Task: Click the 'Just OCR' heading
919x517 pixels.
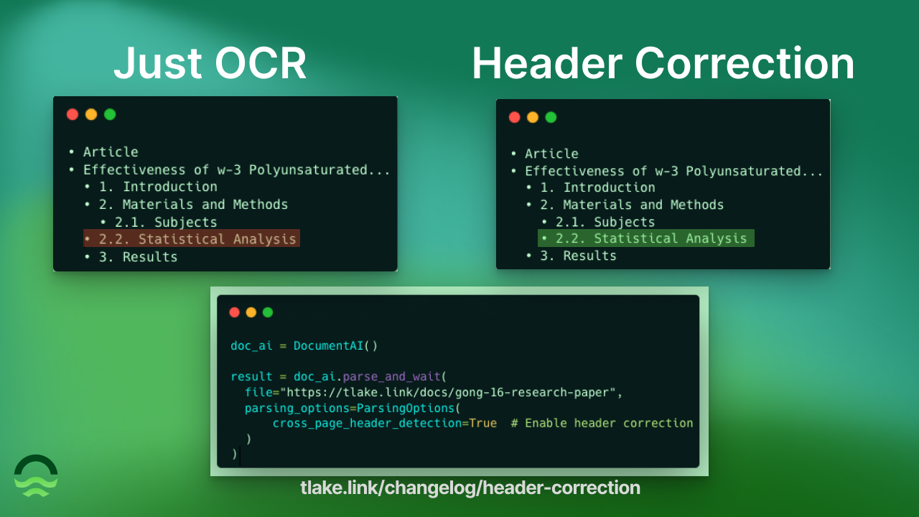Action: point(210,63)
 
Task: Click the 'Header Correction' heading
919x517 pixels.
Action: point(663,63)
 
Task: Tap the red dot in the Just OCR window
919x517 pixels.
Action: point(73,114)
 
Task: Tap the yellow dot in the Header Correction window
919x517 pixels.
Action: point(533,117)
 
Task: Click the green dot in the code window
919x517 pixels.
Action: point(268,312)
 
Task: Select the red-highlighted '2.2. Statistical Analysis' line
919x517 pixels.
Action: point(191,239)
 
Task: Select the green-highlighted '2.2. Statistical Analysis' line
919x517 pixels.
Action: point(645,238)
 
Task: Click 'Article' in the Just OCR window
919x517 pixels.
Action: point(111,152)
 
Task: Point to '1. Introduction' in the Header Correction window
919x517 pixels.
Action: point(597,187)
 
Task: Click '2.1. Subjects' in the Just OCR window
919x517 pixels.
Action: point(165,222)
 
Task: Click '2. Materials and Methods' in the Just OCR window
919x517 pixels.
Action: point(193,205)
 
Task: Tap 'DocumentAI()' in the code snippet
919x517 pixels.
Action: point(335,345)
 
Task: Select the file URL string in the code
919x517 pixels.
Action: point(451,393)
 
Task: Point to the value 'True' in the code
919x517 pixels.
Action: point(482,423)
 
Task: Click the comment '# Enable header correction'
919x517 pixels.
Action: point(602,423)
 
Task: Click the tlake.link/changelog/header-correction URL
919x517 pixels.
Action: point(470,488)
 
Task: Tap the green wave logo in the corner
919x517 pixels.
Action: point(36,475)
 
